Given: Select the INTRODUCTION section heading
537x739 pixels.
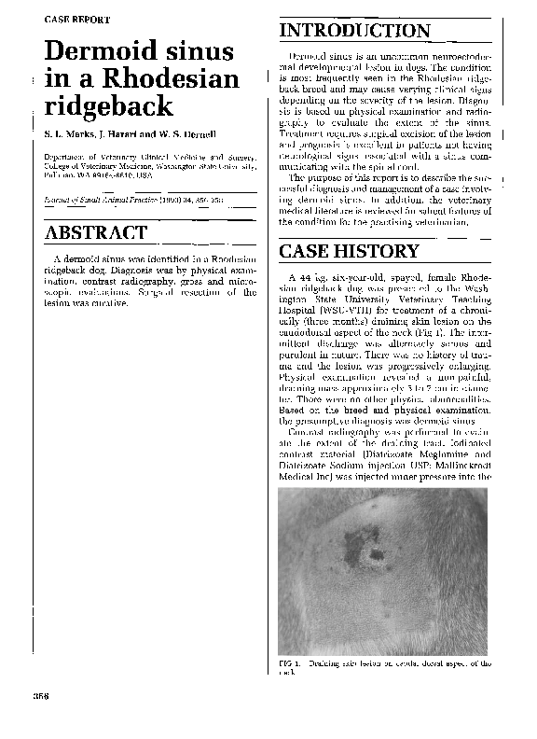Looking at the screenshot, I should (354, 33).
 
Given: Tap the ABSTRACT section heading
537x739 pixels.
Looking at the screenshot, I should (96, 232).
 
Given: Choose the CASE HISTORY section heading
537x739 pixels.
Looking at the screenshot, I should (350, 252).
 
